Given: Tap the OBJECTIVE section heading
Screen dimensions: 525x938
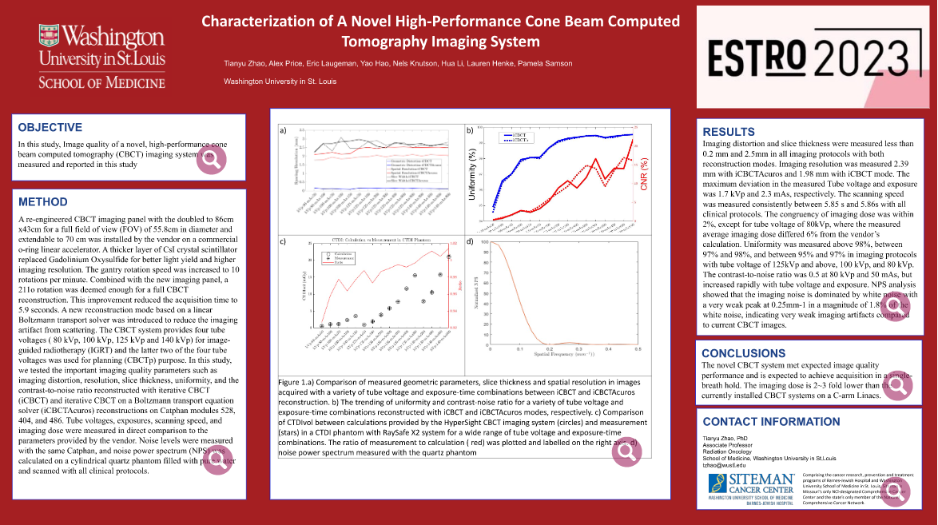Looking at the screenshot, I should click(50, 127).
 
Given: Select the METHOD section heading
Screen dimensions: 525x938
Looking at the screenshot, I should click(43, 202).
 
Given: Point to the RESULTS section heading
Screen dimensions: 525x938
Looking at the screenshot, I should click(729, 132).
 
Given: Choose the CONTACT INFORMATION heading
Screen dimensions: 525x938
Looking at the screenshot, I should click(771, 422).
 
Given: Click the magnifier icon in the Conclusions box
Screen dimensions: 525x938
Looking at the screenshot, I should click(896, 386).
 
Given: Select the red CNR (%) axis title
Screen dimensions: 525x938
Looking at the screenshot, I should click(643, 174).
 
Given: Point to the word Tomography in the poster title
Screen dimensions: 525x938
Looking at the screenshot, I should click(388, 42).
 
